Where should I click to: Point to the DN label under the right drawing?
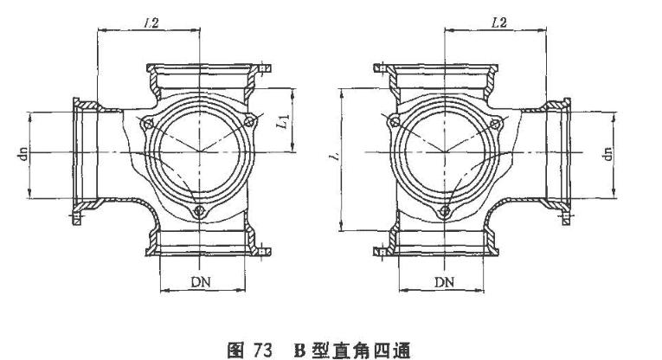tap(444, 283)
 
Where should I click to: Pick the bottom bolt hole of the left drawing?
tap(200, 211)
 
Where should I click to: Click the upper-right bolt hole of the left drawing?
tap(251, 122)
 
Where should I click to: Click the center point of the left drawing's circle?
tap(200, 152)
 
